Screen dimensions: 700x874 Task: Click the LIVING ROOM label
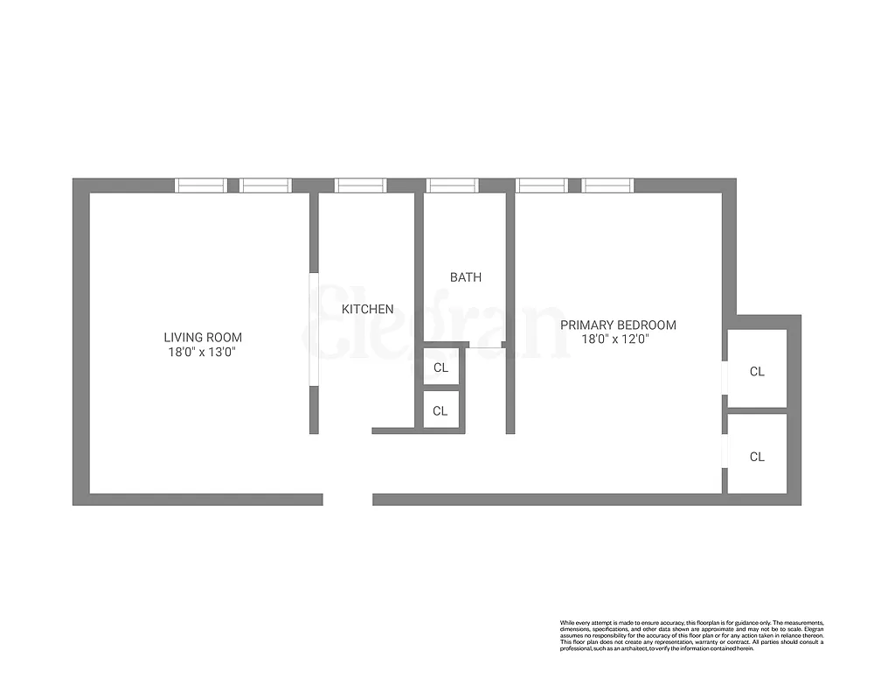tap(203, 337)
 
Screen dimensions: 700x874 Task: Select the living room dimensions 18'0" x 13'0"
tap(203, 352)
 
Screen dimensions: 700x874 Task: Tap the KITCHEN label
tap(367, 309)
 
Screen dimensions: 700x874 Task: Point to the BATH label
tap(465, 277)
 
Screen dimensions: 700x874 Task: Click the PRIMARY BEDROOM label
tap(618, 325)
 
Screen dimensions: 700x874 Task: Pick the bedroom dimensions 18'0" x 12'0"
tap(618, 339)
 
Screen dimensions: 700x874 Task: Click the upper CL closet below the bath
tap(440, 367)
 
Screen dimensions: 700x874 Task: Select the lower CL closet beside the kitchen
tap(440, 410)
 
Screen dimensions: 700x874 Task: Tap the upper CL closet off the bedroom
tap(757, 371)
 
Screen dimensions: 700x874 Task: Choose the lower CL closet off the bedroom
tap(757, 456)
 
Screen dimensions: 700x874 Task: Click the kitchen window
tap(360, 185)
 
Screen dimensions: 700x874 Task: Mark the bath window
tap(453, 185)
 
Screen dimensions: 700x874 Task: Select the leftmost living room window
tap(201, 185)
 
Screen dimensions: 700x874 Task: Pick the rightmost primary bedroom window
tap(607, 185)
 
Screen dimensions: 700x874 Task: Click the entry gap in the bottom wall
tap(348, 500)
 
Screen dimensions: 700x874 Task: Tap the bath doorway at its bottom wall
tap(486, 346)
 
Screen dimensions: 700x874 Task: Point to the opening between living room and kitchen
tap(314, 330)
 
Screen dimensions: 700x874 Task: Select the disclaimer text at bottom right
tap(691, 635)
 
